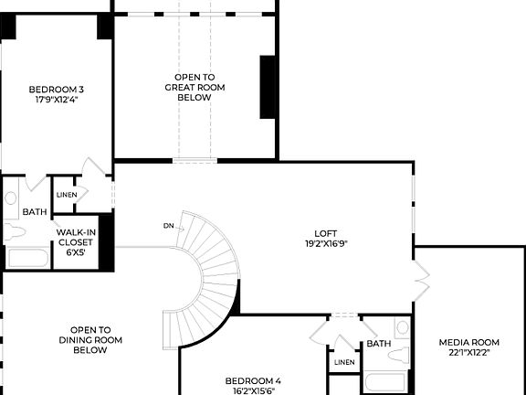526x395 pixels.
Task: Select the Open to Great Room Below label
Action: click(x=195, y=87)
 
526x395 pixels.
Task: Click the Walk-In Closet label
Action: click(x=76, y=237)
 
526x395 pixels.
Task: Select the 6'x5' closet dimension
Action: click(x=76, y=252)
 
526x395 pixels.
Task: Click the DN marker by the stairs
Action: click(x=169, y=225)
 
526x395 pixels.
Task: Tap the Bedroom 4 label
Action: click(x=253, y=380)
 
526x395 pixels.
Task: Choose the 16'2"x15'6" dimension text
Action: click(x=253, y=390)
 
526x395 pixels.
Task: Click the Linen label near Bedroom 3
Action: click(x=66, y=195)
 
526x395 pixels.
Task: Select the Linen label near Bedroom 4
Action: click(x=344, y=362)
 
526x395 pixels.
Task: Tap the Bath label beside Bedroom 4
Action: click(x=378, y=344)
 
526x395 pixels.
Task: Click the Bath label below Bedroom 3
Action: click(x=35, y=212)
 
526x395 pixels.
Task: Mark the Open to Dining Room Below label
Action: click(x=90, y=339)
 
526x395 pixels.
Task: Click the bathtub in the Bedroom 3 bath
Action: click(x=27, y=257)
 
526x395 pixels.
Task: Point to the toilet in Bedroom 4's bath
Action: click(x=402, y=329)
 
